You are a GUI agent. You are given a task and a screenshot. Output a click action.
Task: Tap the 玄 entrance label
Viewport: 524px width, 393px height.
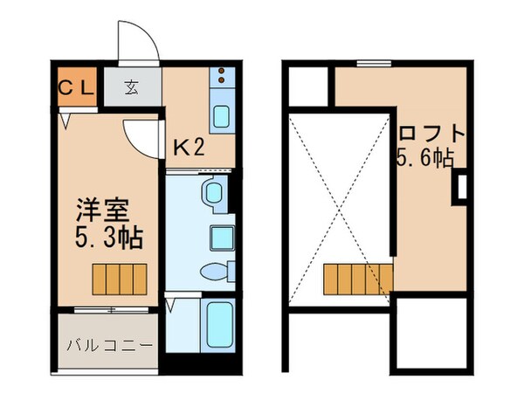[132, 87]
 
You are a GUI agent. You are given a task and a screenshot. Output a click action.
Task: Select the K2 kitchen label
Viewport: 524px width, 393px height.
[188, 147]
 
